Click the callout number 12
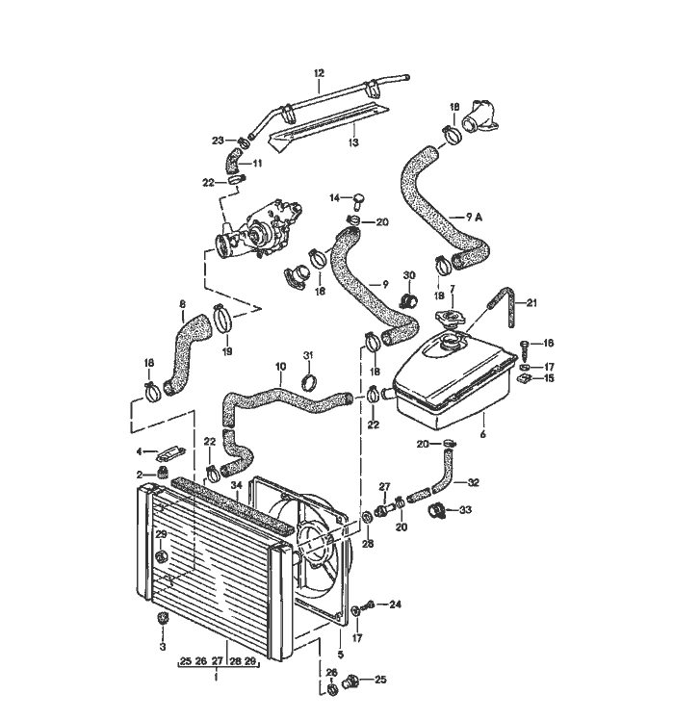(x=320, y=73)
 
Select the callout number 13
(x=353, y=142)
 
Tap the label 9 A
(x=474, y=218)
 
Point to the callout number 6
(x=481, y=434)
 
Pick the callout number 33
(x=466, y=509)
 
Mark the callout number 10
(x=280, y=368)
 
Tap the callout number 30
(x=408, y=275)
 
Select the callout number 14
(x=335, y=197)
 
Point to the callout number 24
(x=395, y=605)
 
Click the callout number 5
(x=340, y=655)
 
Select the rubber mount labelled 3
(x=162, y=618)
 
